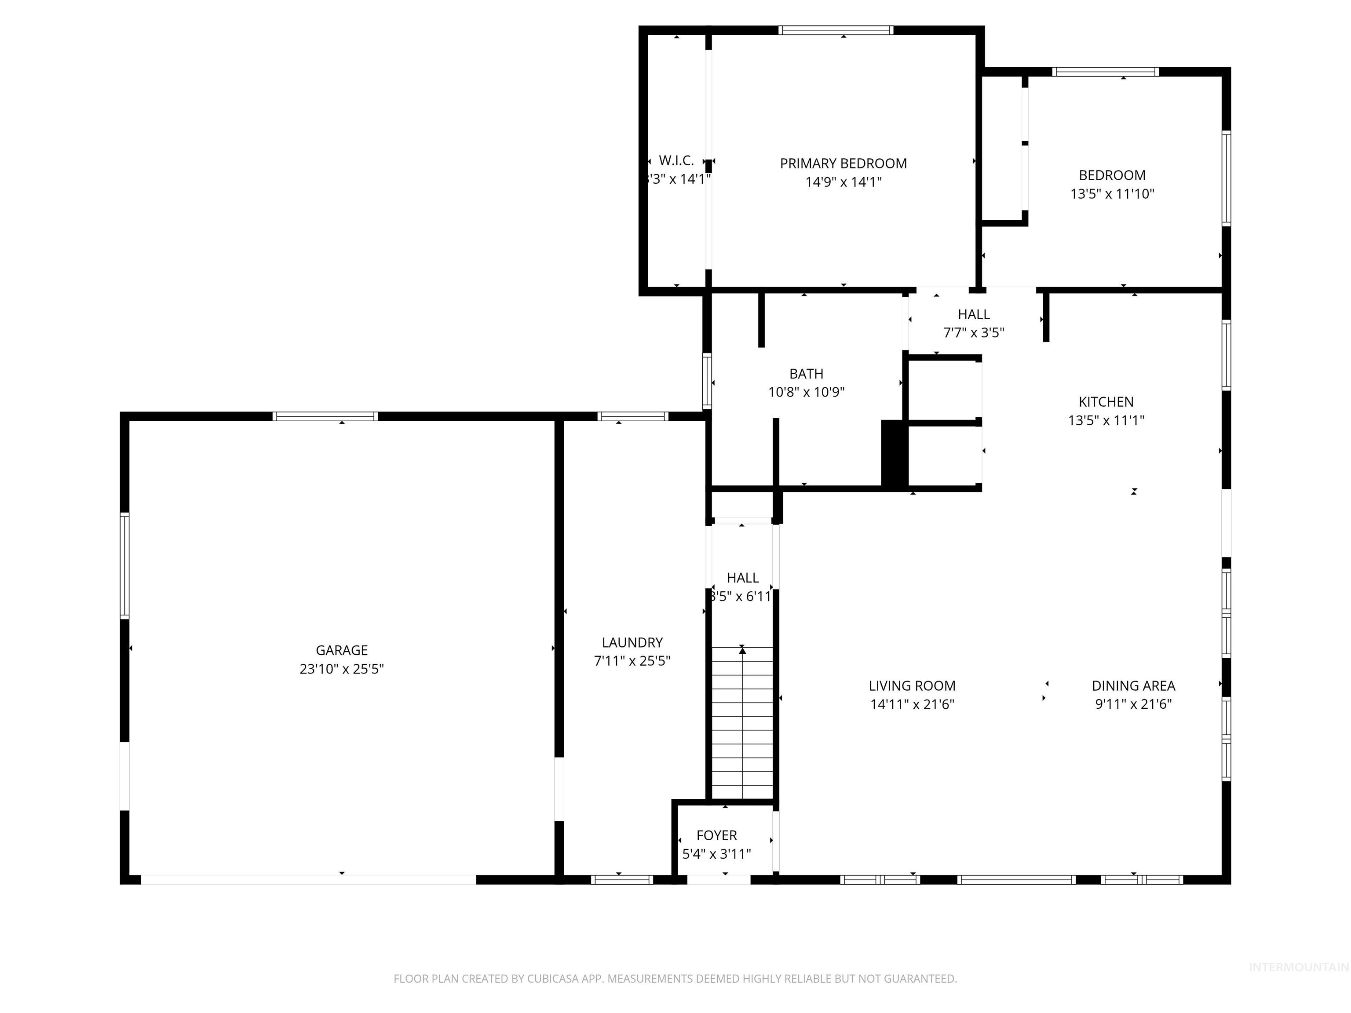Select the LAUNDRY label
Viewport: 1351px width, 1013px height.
point(632,642)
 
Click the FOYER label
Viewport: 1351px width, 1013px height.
point(716,835)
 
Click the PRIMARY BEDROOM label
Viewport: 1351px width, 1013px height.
point(843,164)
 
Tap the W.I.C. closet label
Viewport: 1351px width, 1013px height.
point(676,160)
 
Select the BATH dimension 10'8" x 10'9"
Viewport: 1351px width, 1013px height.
point(806,392)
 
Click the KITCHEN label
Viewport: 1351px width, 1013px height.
point(1106,402)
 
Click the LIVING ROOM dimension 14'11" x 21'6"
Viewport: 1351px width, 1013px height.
point(912,704)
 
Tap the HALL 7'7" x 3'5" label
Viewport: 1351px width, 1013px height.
point(974,324)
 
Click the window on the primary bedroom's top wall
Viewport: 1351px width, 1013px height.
point(836,30)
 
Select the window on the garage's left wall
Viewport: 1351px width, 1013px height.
point(124,565)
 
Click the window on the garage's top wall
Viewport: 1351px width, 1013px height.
point(325,416)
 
